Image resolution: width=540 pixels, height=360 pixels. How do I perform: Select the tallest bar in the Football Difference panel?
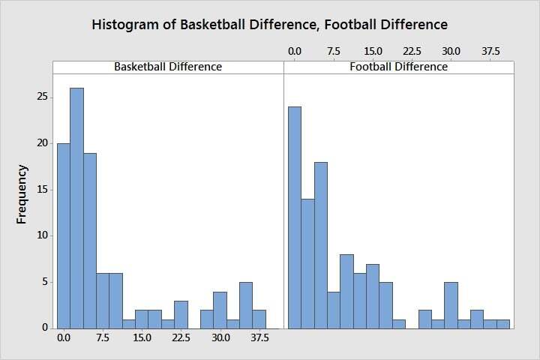click(295, 217)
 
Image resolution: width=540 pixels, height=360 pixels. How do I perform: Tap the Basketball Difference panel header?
click(167, 67)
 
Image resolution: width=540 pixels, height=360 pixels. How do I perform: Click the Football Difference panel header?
click(398, 67)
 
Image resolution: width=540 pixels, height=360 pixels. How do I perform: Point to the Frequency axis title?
click(22, 194)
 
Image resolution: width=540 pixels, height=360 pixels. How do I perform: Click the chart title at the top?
click(269, 24)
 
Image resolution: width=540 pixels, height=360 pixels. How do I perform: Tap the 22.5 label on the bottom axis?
click(181, 338)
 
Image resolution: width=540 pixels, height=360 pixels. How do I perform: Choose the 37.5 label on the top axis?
click(490, 51)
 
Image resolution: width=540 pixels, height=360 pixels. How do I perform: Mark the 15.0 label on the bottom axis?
click(142, 338)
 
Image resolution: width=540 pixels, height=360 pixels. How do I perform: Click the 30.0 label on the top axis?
click(451, 51)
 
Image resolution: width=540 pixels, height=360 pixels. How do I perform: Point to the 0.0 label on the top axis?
click(295, 51)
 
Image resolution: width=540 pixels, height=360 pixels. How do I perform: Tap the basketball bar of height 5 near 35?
click(246, 305)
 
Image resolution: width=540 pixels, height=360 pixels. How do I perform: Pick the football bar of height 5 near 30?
click(451, 305)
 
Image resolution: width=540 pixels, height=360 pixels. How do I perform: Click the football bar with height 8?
click(346, 292)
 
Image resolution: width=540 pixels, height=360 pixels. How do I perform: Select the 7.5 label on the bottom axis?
click(103, 338)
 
